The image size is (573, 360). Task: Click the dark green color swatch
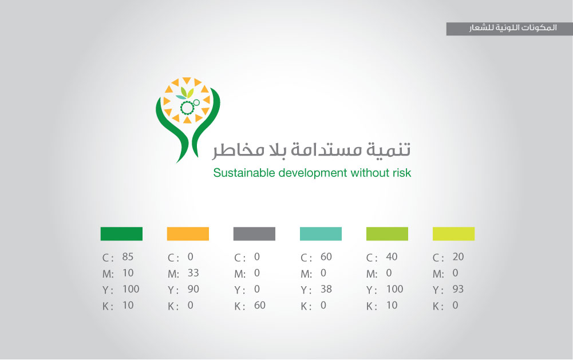[121, 234]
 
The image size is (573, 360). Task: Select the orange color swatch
[188, 234]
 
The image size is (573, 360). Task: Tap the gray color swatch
[254, 234]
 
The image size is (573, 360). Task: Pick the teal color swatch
[321, 234]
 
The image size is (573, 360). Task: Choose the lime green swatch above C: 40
[388, 234]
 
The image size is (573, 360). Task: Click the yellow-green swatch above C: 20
[453, 234]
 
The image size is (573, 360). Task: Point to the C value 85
[128, 257]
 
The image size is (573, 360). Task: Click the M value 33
[193, 273]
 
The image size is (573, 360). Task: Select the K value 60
[260, 305]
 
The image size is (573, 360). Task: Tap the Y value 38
[326, 289]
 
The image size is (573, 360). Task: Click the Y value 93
[459, 289]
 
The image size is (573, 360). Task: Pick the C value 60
[326, 257]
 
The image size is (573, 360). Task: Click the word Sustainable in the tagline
[244, 172]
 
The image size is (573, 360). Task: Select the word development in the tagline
[313, 173]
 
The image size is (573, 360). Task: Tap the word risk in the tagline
[402, 172]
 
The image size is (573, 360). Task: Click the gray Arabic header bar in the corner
[509, 29]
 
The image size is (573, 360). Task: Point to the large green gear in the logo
[187, 108]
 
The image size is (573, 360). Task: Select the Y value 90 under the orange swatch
[193, 289]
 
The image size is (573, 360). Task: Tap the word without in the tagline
[370, 172]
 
